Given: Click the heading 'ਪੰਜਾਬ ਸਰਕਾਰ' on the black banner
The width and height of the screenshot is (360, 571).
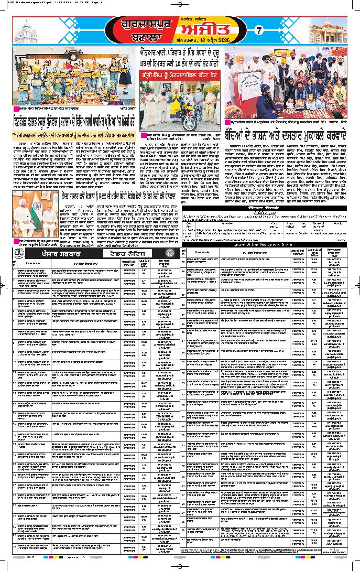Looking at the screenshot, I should tap(59, 253).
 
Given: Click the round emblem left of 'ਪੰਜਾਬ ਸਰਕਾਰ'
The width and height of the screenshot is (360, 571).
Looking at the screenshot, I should tap(20, 253).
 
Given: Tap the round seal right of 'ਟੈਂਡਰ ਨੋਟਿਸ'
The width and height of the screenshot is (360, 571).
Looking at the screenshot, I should tap(169, 253).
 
